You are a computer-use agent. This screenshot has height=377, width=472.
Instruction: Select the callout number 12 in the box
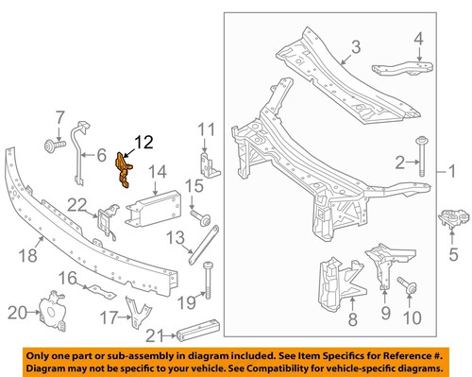[141, 142]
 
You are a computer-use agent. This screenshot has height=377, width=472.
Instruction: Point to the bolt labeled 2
[421, 161]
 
